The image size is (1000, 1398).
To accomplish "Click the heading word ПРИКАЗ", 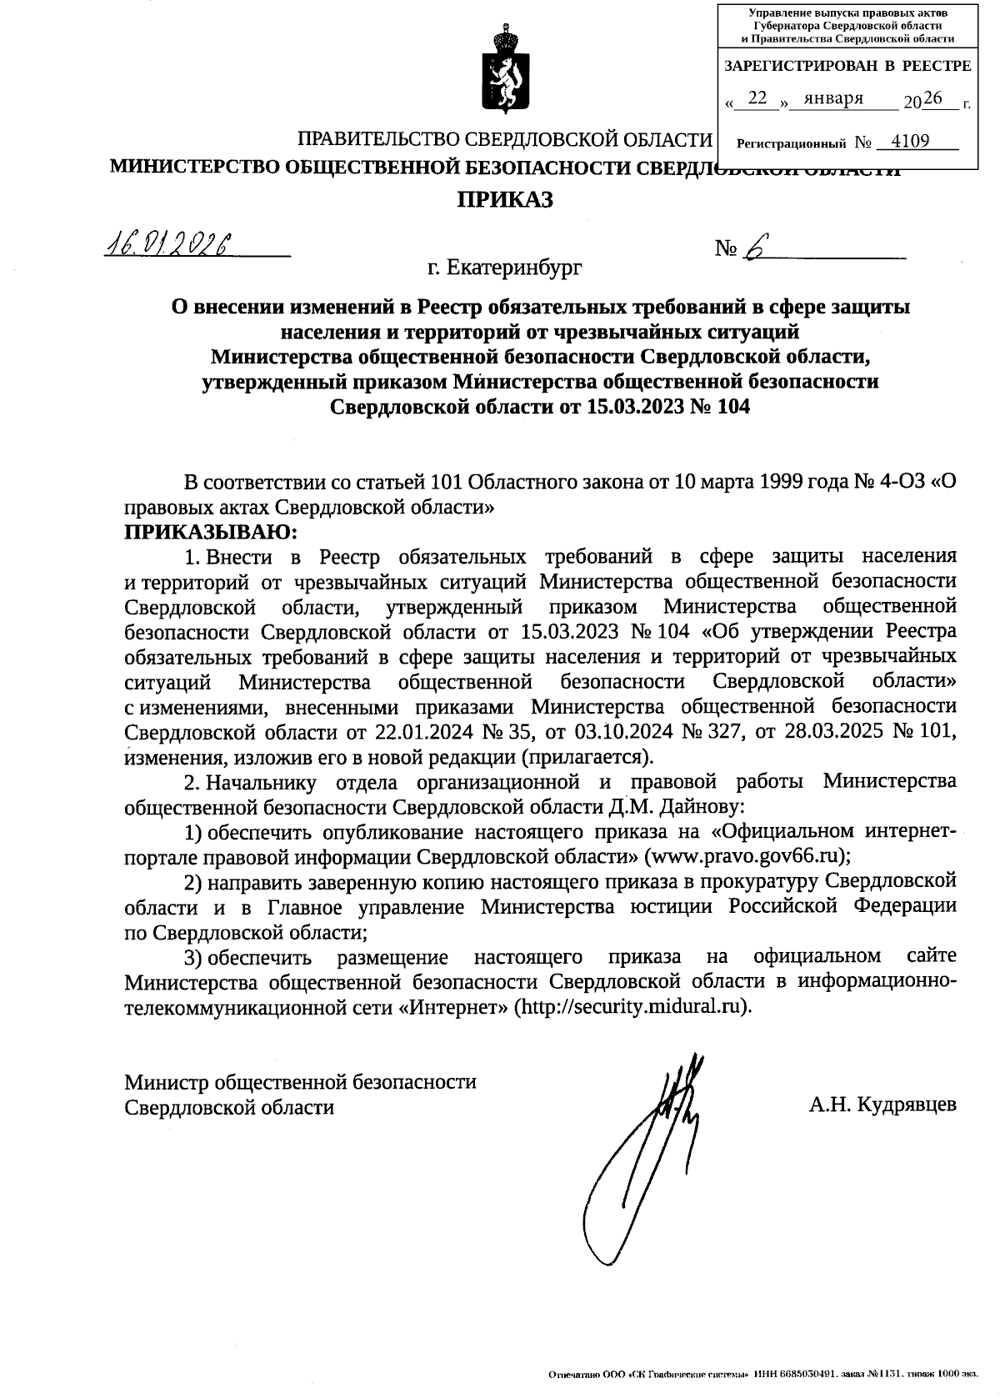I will (x=503, y=200).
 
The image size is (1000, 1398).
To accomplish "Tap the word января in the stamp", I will (x=828, y=98).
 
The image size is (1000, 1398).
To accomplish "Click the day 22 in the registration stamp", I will (x=757, y=98).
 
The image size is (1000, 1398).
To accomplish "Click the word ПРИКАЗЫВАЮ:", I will (x=211, y=532).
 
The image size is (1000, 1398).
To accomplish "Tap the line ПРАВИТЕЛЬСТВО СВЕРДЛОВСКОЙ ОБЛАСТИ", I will (x=506, y=139).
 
